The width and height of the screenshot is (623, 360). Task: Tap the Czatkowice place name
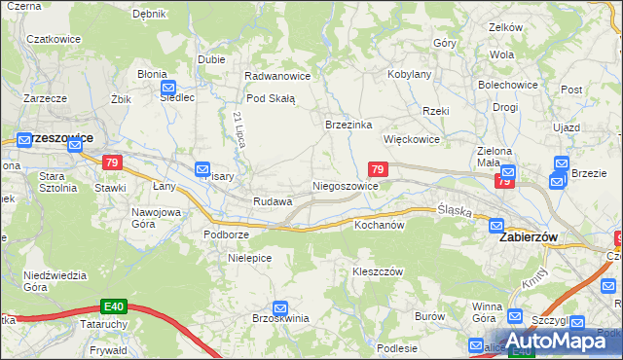pos(52,39)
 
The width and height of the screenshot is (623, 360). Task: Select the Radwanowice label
pos(277,76)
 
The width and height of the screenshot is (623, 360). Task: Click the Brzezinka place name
pos(348,125)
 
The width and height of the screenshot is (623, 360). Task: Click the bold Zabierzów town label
pos(533,236)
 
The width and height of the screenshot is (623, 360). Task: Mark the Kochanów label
pos(379,225)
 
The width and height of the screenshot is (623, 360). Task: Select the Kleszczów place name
pos(378,271)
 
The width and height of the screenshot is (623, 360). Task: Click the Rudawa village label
pos(273,201)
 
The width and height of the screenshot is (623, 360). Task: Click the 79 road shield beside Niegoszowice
pos(379,169)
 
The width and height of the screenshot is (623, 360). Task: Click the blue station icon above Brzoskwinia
pos(281,307)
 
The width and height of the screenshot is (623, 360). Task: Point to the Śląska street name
pos(455,209)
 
